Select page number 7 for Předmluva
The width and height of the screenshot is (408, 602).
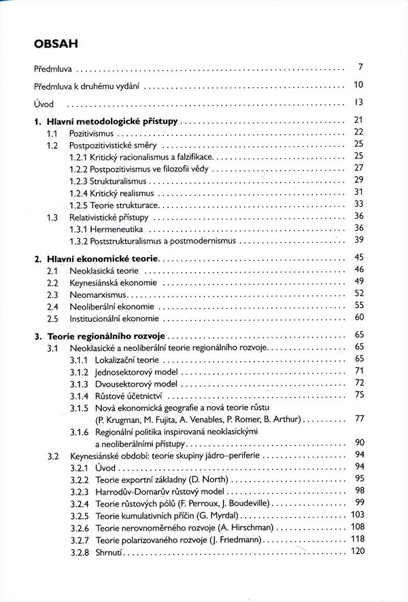click(361, 67)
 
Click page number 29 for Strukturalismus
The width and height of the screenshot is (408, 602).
click(359, 180)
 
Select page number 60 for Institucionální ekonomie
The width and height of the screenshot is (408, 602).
click(359, 317)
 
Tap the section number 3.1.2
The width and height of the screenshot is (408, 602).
click(79, 371)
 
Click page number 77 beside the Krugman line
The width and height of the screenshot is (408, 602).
click(359, 418)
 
